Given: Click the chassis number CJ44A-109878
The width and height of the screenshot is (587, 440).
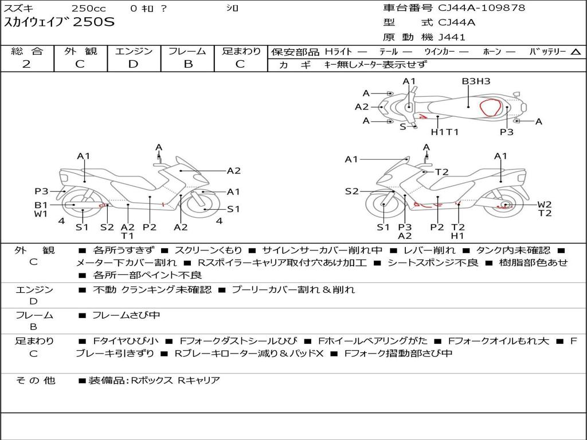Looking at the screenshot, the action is click(x=482, y=8).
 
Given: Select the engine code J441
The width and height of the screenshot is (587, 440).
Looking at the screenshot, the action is click(x=452, y=37).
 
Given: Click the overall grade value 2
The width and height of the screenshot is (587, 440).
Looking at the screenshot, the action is click(x=26, y=64).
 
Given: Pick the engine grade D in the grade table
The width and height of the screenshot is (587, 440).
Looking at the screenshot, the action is click(x=133, y=64).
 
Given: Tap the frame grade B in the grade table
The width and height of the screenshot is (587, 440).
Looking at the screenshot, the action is click(x=187, y=64).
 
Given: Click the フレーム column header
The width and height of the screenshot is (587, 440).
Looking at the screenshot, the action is click(x=187, y=52).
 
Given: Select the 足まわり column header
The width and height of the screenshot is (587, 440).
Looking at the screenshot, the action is click(x=241, y=52).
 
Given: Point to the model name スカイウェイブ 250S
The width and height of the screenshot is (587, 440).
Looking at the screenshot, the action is click(x=60, y=22).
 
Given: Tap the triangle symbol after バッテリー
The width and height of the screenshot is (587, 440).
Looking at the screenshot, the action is click(x=576, y=52).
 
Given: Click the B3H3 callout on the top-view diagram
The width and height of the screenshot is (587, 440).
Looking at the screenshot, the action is click(x=476, y=81).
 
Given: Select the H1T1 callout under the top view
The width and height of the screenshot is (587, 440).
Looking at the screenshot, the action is click(x=445, y=132).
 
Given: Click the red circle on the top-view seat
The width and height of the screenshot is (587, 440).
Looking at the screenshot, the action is click(x=492, y=108).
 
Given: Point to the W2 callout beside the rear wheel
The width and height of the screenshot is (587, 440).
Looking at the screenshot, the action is click(x=545, y=205).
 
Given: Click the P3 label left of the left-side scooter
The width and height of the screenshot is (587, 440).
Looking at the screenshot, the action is click(x=41, y=191).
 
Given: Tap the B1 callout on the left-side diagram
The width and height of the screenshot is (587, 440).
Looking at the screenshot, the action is click(x=41, y=205).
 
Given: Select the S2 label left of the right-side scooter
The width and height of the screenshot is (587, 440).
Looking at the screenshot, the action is click(x=351, y=191).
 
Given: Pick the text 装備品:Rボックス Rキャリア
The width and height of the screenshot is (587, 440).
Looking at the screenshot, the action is click(x=154, y=380).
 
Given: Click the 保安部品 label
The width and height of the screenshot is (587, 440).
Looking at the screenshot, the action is click(x=295, y=52).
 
